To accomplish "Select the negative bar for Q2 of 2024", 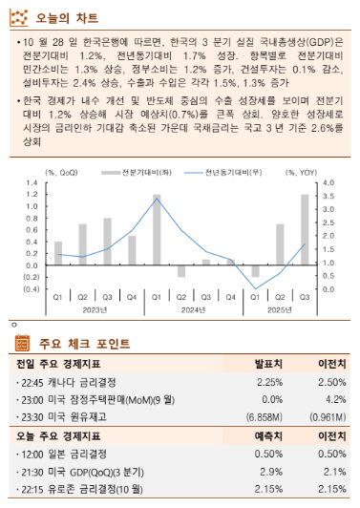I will [x=181, y=271].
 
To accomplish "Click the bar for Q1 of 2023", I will [x=58, y=254].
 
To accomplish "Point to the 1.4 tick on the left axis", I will [x=31, y=183].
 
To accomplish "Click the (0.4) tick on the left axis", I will [x=29, y=289].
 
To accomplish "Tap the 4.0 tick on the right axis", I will [x=328, y=183].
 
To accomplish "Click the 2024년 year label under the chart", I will [x=193, y=310].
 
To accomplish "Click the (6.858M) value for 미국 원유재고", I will [x=268, y=417].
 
